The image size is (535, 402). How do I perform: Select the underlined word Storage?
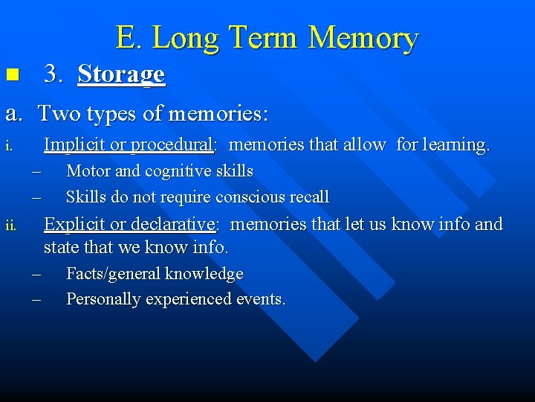(x=121, y=74)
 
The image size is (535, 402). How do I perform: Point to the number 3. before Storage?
(x=53, y=74)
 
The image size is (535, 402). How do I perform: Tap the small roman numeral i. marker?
(x=9, y=146)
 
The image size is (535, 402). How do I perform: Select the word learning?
(x=456, y=144)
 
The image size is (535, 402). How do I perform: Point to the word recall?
(x=308, y=197)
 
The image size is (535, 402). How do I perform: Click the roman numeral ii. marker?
(x=10, y=226)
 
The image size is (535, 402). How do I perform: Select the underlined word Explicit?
(x=75, y=224)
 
